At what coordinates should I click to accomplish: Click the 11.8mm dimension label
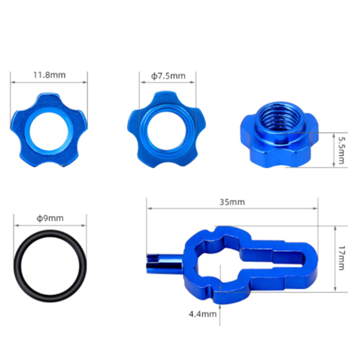tap(49, 75)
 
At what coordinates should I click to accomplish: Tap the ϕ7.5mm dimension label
tap(168, 76)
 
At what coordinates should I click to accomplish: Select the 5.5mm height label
tap(341, 151)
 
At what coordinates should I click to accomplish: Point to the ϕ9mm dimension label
tap(50, 218)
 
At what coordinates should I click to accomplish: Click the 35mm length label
tap(232, 202)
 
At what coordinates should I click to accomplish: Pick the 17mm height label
tap(341, 258)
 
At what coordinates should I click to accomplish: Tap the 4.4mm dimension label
tap(203, 314)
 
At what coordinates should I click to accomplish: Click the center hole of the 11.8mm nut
tap(49, 131)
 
